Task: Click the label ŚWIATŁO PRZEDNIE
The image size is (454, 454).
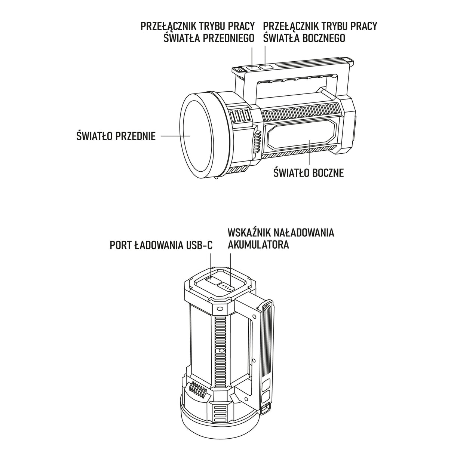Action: click(116, 135)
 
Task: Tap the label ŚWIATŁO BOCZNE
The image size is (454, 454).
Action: click(309, 173)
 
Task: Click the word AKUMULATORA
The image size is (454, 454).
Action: click(258, 245)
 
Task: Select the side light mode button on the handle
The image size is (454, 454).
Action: click(266, 67)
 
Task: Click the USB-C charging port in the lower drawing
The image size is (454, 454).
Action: click(214, 281)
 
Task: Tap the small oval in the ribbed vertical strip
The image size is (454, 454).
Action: click(221, 351)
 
